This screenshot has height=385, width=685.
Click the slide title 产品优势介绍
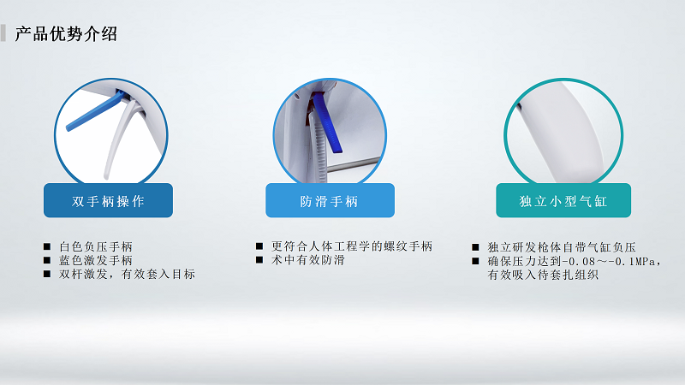(x=66, y=34)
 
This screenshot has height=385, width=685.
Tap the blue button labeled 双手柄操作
(x=108, y=201)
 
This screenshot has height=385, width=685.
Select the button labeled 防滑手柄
(x=330, y=201)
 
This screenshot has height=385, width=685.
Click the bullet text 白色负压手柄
(x=95, y=246)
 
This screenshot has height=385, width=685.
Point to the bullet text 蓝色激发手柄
(x=95, y=260)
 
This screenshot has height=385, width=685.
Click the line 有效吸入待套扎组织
(x=542, y=275)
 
